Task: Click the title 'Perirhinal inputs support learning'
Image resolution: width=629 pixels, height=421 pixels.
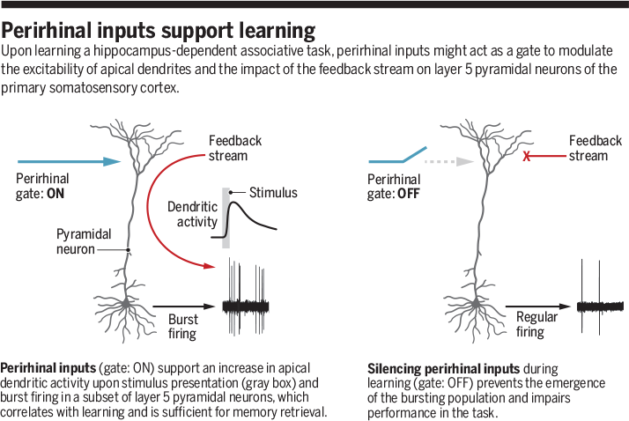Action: (x=159, y=31)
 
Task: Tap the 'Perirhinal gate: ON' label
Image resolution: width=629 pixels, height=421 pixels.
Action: (x=41, y=185)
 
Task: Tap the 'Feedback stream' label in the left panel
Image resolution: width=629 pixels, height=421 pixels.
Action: (x=234, y=148)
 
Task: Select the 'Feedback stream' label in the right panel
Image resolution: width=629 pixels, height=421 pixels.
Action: (x=595, y=148)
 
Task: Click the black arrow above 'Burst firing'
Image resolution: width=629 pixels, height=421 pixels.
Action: (x=185, y=306)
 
